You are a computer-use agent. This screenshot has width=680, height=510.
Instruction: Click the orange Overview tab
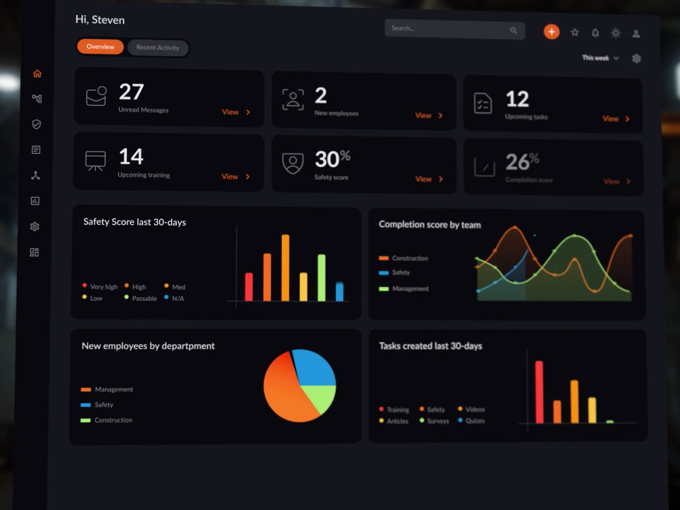coord(100,47)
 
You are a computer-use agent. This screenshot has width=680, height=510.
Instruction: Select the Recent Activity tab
coord(158,48)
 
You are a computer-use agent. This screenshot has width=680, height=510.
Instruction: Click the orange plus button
coord(551,32)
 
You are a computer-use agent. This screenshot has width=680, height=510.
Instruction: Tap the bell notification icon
coord(595,33)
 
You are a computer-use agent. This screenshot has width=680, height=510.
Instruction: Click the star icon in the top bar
coord(575,33)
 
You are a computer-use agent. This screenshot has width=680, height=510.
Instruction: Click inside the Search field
coord(449,29)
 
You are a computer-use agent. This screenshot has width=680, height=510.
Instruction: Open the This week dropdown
coord(600,58)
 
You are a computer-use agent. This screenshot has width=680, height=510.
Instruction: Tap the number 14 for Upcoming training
coord(131,157)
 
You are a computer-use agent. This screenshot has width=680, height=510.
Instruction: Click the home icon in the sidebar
coord(37,74)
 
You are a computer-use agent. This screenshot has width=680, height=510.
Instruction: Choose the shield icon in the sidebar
coord(36,124)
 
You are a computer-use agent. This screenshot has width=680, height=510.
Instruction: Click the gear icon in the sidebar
coord(34,227)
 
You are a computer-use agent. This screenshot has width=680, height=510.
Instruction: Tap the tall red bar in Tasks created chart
coord(539,392)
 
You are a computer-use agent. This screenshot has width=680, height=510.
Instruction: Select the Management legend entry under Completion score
coord(409,289)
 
